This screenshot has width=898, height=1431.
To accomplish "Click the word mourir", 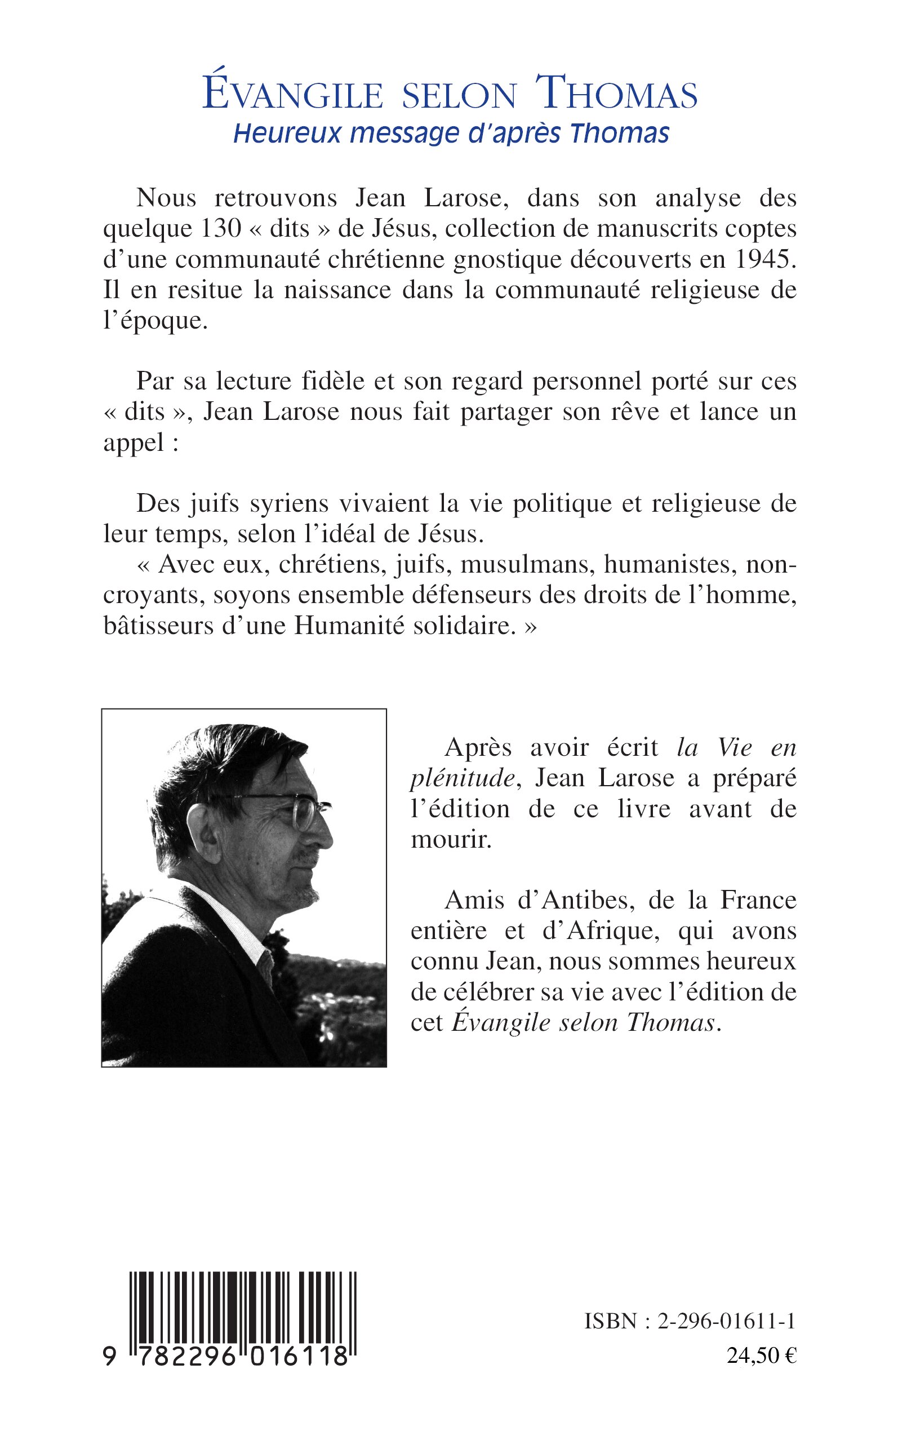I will (x=451, y=840).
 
